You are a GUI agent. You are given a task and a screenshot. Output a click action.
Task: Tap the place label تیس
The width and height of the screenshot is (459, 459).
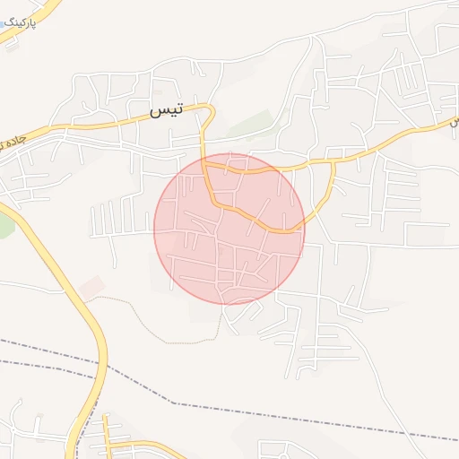[x=164, y=110]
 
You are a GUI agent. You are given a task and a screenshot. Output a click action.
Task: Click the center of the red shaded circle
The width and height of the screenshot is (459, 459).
[x=229, y=228]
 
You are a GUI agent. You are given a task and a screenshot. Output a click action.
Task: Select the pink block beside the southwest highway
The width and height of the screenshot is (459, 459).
[x=91, y=288]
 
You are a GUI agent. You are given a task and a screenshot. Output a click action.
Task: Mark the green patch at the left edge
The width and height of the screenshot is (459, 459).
[x=5, y=224]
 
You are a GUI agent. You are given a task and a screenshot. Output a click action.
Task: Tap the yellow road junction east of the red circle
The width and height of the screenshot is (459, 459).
[x=333, y=162]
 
